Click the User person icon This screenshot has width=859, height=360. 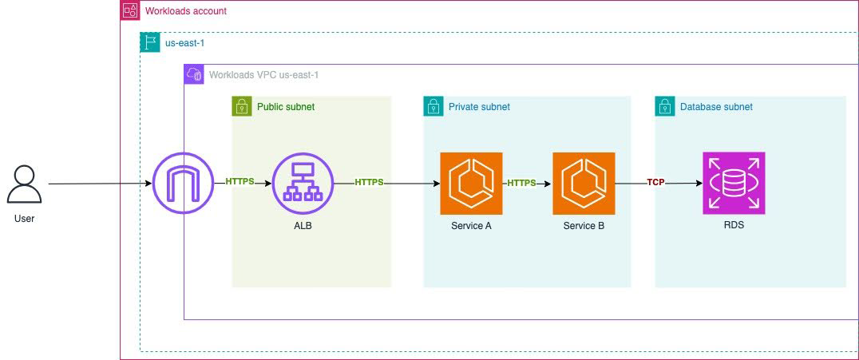click(24, 184)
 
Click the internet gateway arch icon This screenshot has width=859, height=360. click(183, 184)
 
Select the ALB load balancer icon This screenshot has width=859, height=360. click(303, 184)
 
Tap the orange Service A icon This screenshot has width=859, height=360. click(471, 184)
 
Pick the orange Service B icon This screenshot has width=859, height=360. click(584, 184)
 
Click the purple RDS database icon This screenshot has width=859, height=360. click(734, 184)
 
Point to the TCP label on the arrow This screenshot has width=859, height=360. click(655, 182)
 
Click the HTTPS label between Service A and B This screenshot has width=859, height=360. click(522, 183)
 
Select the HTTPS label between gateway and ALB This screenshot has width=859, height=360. click(239, 181)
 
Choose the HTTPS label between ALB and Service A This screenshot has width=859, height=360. click(370, 182)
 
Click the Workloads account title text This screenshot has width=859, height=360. click(185, 11)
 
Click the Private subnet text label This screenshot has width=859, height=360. click(479, 107)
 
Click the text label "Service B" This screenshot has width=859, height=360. click(584, 226)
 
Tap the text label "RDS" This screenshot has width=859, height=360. click(733, 226)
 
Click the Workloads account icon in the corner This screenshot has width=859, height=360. click(130, 10)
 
